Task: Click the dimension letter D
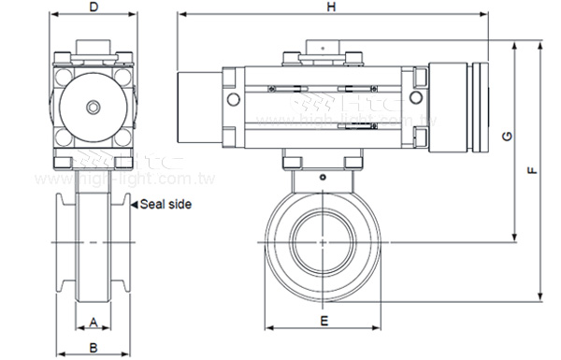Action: [x=93, y=7]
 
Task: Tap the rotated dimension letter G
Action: [x=506, y=137]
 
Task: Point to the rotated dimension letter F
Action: [x=530, y=171]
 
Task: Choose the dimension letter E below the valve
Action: [x=323, y=321]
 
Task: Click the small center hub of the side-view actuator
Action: [x=93, y=107]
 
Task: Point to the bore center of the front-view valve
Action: [x=323, y=240]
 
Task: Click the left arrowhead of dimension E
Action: [x=270, y=329]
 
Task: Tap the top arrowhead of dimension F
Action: [x=541, y=44]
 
